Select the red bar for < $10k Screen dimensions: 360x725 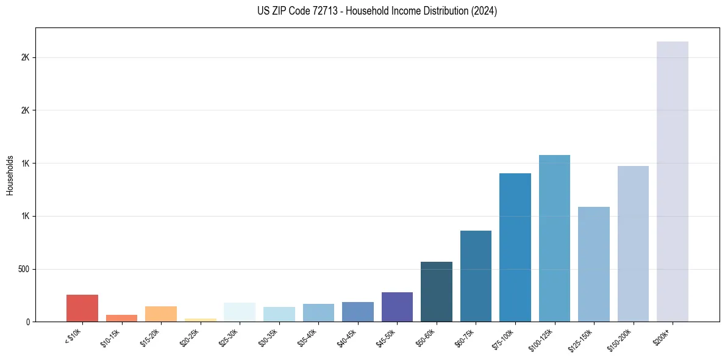pyautogui.click(x=82, y=308)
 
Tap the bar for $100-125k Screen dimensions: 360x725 pyautogui.click(x=554, y=238)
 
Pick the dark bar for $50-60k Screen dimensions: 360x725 pyautogui.click(x=437, y=292)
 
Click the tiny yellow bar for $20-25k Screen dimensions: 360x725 pyautogui.click(x=201, y=320)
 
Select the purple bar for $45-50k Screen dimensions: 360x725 pyautogui.click(x=397, y=307)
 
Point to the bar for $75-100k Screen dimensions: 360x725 pyautogui.click(x=515, y=247)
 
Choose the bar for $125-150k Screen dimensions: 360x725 pyautogui.click(x=594, y=264)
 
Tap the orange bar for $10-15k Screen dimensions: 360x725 pyautogui.click(x=121, y=318)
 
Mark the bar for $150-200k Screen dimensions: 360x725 pyautogui.click(x=633, y=243)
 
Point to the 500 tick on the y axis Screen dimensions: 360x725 pyautogui.click(x=24, y=269)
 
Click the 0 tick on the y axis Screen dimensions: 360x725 pyautogui.click(x=28, y=322)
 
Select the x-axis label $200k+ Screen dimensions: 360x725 pyautogui.click(x=663, y=336)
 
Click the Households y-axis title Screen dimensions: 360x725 pyautogui.click(x=10, y=175)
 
